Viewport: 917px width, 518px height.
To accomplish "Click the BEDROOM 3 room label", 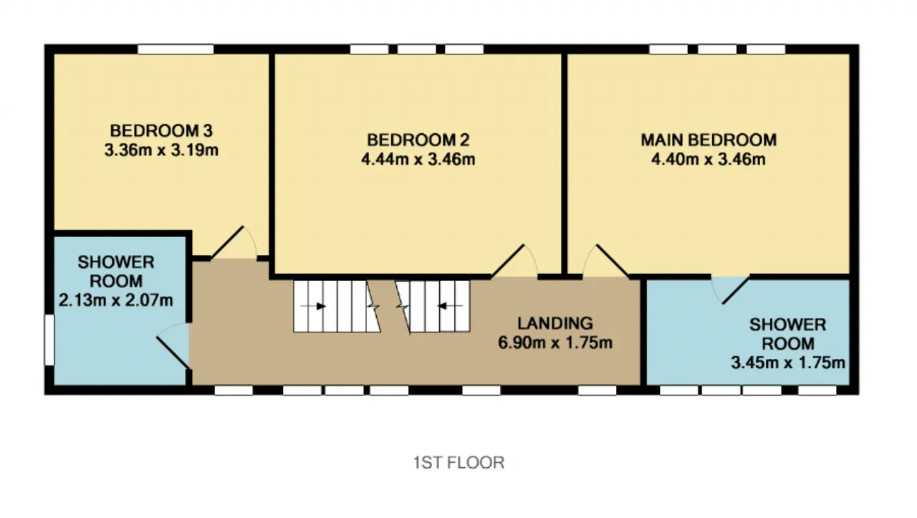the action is coord(161,131).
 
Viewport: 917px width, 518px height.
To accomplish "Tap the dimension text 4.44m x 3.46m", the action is coord(418,159).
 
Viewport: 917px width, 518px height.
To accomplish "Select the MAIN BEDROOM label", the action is coord(709,140).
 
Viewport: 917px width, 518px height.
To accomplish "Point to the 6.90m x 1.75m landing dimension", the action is coord(555,342).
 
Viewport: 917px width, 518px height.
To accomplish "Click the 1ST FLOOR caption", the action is coord(459,463).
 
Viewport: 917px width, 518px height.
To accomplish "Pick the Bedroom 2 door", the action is coord(514,261).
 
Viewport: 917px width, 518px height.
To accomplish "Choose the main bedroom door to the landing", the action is coord(606,261).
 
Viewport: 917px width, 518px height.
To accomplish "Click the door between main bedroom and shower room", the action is coord(731,290).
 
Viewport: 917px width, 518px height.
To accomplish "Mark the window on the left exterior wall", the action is coord(49,340).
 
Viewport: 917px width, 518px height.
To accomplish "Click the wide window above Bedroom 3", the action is coord(176,49).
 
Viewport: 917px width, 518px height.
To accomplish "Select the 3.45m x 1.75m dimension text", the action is coord(788,363).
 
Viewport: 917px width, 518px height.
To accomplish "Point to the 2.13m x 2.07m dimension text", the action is coord(116,300).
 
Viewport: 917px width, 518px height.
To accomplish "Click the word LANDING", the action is coord(555,324).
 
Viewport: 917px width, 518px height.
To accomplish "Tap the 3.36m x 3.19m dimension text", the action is coord(161,150).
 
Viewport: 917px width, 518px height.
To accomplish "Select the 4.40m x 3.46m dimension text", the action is coord(709,159).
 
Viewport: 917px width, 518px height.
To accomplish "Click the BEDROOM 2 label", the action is coord(418,140).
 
